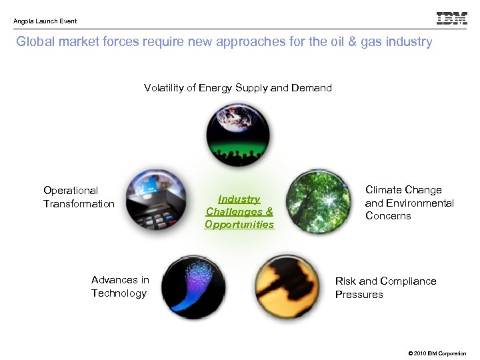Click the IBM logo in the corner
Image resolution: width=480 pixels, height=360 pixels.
click(451, 18)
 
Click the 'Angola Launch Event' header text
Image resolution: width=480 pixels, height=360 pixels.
click(45, 21)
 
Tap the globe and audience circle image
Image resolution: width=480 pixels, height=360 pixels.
click(238, 134)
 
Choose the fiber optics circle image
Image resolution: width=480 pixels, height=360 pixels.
click(193, 287)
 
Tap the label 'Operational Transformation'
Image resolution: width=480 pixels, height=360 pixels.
click(79, 197)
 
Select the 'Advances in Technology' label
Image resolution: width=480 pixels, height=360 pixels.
click(120, 287)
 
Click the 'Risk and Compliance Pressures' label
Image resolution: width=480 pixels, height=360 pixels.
click(385, 288)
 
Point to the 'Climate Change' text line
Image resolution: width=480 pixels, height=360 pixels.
click(403, 190)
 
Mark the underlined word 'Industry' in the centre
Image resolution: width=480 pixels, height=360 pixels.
click(239, 199)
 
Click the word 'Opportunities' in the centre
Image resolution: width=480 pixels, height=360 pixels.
click(239, 225)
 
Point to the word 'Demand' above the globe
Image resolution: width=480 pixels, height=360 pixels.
click(311, 88)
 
